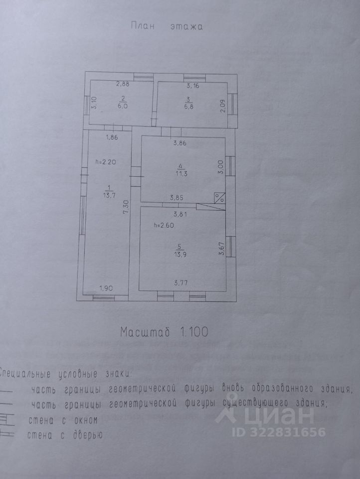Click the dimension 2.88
pyautogui.click(x=123, y=84)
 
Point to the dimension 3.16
pyautogui.click(x=191, y=86)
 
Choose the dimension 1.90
pyautogui.click(x=107, y=287)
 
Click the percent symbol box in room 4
pyautogui.click(x=219, y=198)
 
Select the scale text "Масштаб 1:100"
pyautogui.click(x=163, y=331)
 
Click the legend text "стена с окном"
pyautogui.click(x=61, y=420)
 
